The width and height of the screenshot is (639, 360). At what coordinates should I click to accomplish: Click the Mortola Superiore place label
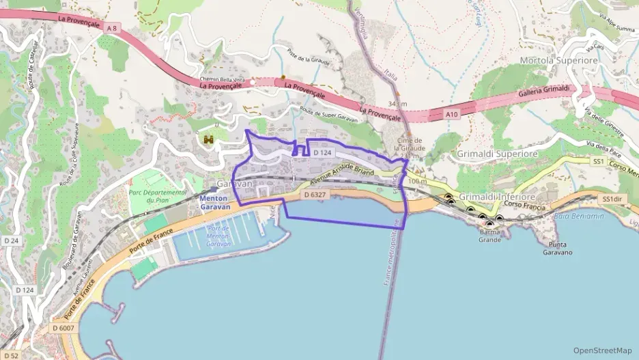pos(558,60)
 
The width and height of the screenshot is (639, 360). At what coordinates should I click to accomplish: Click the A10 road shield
pos(452,115)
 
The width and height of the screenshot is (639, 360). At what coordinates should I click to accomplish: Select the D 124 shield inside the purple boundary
pos(322,153)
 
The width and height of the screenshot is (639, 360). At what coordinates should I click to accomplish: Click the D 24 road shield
pos(10,240)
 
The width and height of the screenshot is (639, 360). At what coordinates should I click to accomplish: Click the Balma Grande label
pos(489,236)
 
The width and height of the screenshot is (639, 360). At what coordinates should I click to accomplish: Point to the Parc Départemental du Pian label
pos(158,197)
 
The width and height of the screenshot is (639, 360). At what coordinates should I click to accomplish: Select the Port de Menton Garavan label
pos(218,236)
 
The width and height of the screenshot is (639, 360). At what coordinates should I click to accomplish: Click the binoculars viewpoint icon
pos(209,139)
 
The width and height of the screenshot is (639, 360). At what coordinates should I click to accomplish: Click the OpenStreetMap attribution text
pos(602,350)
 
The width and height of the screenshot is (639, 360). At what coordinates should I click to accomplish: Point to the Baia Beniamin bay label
pos(579,216)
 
